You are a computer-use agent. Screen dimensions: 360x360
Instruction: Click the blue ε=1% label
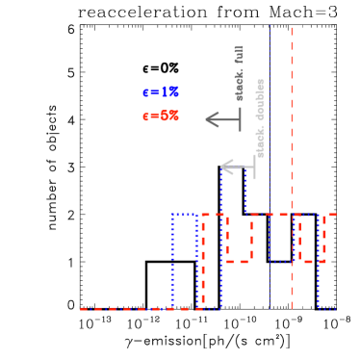tap(160, 92)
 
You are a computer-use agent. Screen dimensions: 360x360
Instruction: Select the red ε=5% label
tap(160, 116)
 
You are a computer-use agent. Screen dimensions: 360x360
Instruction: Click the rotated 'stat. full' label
tap(240, 72)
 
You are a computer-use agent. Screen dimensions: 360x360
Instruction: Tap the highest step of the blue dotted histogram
tap(233, 169)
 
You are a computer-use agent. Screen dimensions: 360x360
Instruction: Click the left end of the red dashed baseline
tap(83, 309)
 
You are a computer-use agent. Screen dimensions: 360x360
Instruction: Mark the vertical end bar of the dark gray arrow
tap(240, 119)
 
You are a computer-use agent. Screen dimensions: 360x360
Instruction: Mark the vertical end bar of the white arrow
tap(254, 167)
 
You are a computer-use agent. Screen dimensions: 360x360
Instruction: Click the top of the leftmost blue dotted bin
tap(184, 215)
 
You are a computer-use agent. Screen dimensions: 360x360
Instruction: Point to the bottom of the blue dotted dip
tap(282, 261)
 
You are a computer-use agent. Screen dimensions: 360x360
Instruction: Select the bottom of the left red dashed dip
tap(238, 261)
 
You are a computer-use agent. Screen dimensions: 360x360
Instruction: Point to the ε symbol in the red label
tap(145, 116)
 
